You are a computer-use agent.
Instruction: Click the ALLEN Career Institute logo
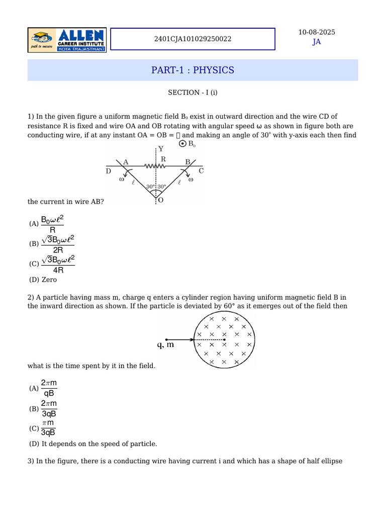tap(67, 39)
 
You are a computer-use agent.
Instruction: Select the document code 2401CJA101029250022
tap(192, 39)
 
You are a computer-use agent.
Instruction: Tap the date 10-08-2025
tap(317, 32)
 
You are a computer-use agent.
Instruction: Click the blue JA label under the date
tap(317, 42)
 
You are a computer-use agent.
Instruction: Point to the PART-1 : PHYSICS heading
tap(192, 70)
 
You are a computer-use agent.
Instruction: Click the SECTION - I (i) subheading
tap(192, 93)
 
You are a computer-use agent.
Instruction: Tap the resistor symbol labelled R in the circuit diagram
tap(156, 165)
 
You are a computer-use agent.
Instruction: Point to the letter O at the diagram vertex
tap(160, 200)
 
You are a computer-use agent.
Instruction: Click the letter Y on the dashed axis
tap(161, 149)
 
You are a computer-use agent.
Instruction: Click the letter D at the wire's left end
tap(109, 171)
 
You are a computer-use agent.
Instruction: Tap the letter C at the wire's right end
tap(201, 171)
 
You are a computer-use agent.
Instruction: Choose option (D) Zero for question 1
tap(43, 280)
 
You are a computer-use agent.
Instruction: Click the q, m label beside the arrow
tap(164, 345)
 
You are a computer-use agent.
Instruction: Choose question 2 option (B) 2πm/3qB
tap(48, 408)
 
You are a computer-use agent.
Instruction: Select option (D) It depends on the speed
tap(93, 444)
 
